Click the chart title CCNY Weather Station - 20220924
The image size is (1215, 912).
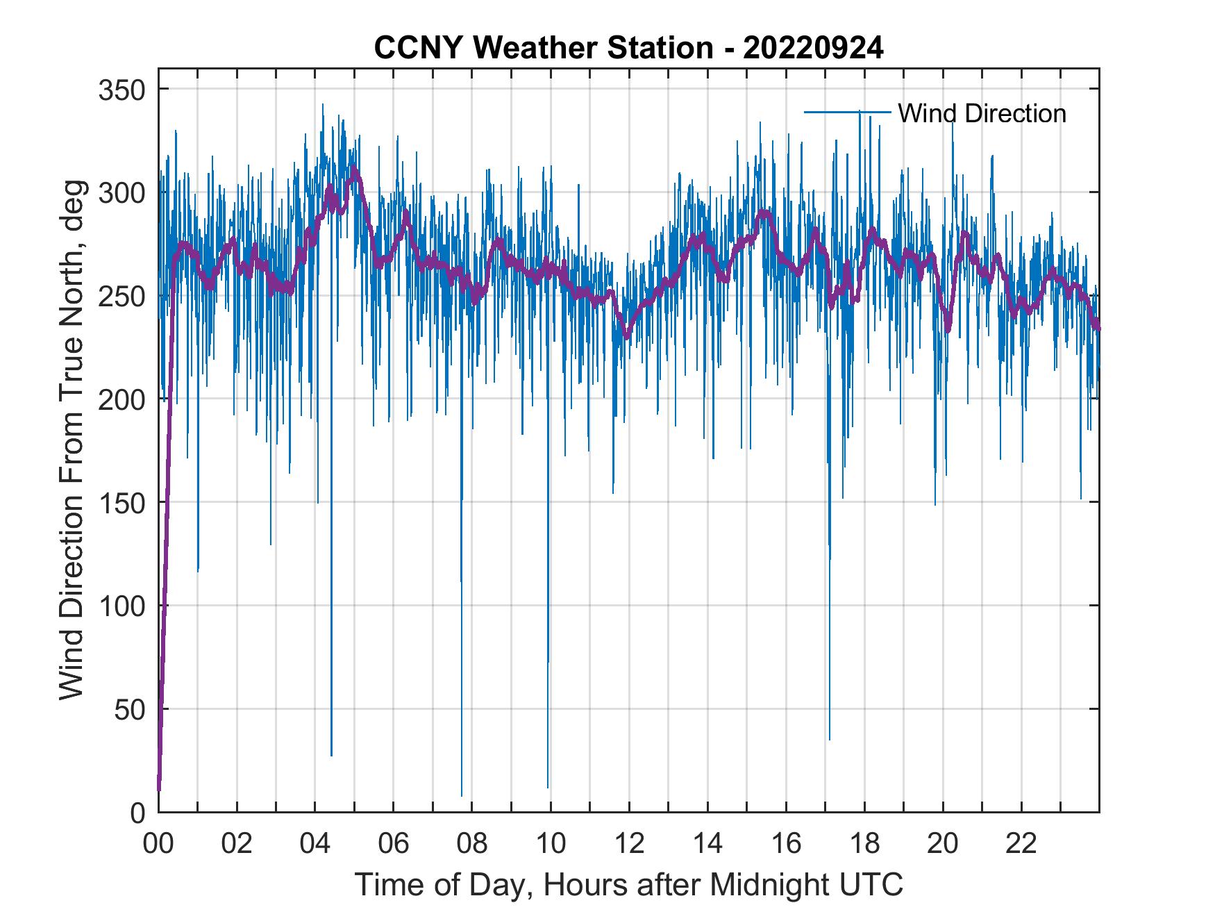[x=628, y=48]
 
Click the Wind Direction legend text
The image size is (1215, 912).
[x=982, y=113]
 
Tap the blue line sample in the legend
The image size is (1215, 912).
[x=847, y=112]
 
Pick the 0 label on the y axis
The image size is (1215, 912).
[x=139, y=813]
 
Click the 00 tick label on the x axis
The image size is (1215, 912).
[x=158, y=844]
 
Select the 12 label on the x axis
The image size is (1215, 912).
[x=629, y=844]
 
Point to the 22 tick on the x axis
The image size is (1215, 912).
[x=1021, y=844]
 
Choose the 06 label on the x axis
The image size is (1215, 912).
[x=394, y=844]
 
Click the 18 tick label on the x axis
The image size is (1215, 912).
[x=864, y=844]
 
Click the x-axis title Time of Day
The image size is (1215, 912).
[x=629, y=884]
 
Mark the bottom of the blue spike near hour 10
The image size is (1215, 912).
[x=548, y=788]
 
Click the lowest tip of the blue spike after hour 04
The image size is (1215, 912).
[x=331, y=756]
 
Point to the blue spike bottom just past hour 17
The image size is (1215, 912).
[x=829, y=740]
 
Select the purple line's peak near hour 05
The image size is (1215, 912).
[x=354, y=169]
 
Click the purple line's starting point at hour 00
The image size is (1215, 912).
[x=159, y=790]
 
